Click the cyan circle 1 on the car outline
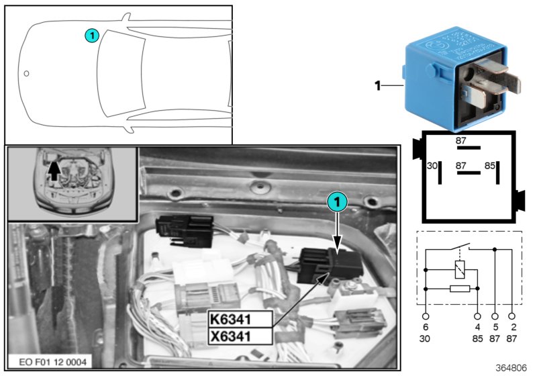click(x=93, y=35)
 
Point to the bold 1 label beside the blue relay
click(x=377, y=85)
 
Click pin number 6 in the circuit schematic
click(x=426, y=327)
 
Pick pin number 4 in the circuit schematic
click(x=477, y=327)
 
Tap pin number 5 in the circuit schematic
click(x=495, y=327)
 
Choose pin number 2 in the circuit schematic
click(x=512, y=327)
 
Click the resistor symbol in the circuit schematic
click(x=458, y=288)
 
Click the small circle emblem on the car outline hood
click(x=26, y=73)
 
